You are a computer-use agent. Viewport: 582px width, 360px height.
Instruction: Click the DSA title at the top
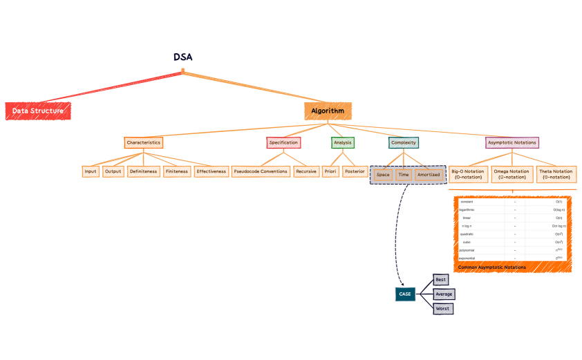(182, 57)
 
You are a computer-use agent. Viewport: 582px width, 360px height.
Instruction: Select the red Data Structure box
(38, 111)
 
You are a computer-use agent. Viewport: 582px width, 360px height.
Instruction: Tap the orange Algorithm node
(328, 111)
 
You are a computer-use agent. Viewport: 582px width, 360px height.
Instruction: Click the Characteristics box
(144, 142)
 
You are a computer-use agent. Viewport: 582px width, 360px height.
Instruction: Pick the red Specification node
(283, 142)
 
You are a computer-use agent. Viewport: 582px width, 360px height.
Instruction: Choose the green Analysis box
(342, 142)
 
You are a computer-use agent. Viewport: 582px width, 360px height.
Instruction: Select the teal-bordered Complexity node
(403, 142)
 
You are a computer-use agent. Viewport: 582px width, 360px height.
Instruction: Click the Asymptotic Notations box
(512, 142)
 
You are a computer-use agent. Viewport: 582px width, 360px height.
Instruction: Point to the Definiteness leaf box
(143, 171)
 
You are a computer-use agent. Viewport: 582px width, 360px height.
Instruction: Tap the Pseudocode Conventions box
(261, 171)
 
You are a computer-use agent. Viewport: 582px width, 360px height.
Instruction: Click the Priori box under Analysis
(330, 171)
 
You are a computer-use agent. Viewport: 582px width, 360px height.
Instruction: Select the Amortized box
(428, 176)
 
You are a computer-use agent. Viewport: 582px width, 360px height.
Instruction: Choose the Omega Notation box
(511, 173)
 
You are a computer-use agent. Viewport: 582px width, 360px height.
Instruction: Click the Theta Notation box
(556, 173)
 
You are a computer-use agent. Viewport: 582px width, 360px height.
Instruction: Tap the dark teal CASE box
(405, 294)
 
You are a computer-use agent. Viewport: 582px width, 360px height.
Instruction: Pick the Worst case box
(443, 308)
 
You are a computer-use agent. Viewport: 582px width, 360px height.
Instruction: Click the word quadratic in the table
(467, 234)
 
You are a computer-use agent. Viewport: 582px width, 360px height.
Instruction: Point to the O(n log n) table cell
(558, 225)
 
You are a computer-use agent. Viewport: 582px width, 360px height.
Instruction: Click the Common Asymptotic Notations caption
(491, 267)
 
